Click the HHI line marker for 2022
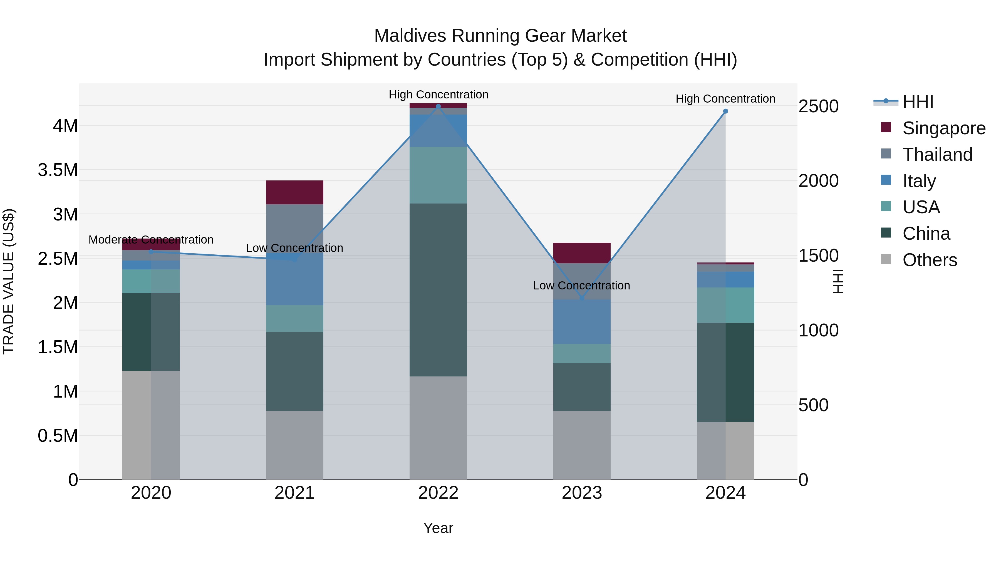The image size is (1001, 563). [x=438, y=106]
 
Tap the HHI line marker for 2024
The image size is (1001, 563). [x=725, y=111]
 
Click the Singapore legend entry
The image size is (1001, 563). [x=943, y=128]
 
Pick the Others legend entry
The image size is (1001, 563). [x=930, y=260]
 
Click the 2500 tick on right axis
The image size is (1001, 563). [x=818, y=106]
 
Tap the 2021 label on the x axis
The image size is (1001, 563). [x=294, y=493]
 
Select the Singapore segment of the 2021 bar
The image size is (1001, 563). [x=294, y=192]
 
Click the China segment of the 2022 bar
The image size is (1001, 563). [x=438, y=289]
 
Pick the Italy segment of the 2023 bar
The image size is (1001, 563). [x=582, y=322]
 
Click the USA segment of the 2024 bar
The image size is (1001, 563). [x=725, y=305]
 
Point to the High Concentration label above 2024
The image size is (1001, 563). [x=725, y=99]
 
